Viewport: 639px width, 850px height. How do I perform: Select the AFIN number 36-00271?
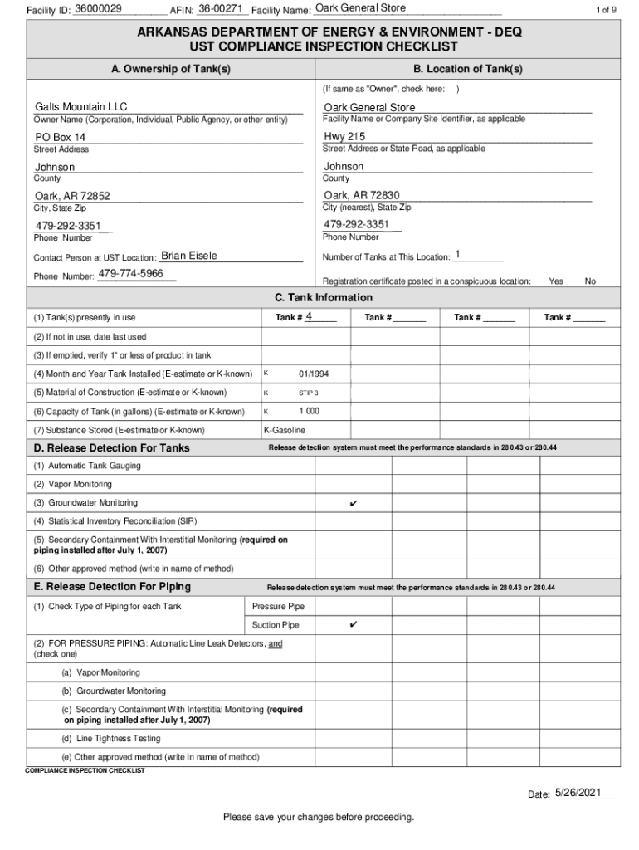click(221, 8)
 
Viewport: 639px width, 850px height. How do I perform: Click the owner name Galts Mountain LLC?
click(81, 107)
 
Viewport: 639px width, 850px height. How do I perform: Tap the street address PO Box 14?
click(60, 137)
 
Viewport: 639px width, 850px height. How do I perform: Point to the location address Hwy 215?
click(344, 136)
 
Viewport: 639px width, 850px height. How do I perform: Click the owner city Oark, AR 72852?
click(72, 196)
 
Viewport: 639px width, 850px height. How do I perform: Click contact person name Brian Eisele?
click(188, 256)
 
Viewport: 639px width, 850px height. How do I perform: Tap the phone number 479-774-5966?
click(130, 274)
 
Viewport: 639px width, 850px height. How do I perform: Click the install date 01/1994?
click(313, 374)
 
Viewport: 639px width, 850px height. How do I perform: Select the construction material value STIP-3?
click(309, 393)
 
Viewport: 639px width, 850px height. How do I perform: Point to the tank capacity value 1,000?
click(309, 411)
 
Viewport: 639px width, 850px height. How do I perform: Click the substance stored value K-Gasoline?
click(285, 430)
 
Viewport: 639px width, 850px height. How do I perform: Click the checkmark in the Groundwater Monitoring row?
click(354, 503)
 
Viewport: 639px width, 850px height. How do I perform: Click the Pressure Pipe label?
click(278, 606)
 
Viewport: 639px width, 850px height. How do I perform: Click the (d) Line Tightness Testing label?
click(110, 738)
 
